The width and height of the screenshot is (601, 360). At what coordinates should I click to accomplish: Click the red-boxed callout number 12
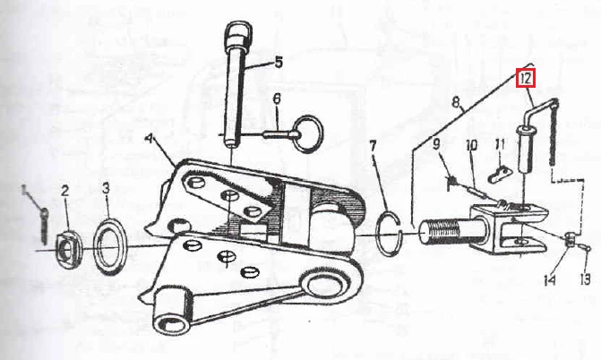(x=525, y=79)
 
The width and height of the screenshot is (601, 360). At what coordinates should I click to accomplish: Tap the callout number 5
(x=279, y=62)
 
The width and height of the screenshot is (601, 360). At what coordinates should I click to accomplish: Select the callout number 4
(x=150, y=139)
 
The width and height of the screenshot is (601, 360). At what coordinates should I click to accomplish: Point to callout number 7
(x=373, y=147)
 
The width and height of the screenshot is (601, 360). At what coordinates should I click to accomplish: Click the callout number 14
(x=549, y=280)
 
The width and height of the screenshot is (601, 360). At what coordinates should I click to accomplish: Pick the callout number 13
(x=585, y=279)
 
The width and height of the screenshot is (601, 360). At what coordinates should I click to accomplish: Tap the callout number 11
(x=500, y=144)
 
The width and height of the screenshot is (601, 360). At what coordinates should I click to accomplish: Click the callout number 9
(x=436, y=144)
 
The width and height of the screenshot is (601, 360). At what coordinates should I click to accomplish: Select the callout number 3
(x=106, y=188)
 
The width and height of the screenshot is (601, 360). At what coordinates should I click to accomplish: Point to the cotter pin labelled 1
(x=45, y=226)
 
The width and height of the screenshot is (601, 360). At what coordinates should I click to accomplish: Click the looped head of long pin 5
(x=238, y=34)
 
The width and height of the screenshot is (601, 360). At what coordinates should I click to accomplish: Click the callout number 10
(x=471, y=145)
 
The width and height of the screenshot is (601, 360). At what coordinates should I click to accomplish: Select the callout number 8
(x=455, y=102)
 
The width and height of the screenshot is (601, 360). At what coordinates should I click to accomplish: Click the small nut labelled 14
(x=571, y=239)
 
